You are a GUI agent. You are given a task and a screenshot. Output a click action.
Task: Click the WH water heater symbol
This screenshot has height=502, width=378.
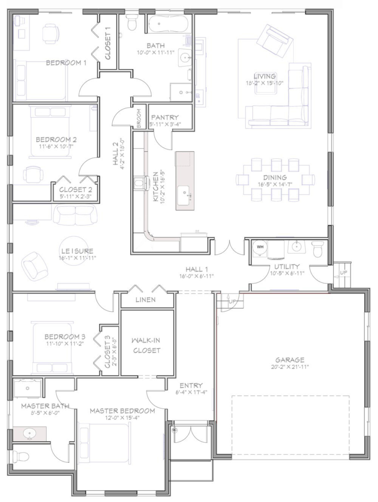tap(260, 247)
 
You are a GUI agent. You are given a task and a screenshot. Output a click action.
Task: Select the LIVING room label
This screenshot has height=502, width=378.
tap(265, 76)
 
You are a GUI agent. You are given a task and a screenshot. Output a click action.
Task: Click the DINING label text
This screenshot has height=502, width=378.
tap(274, 177)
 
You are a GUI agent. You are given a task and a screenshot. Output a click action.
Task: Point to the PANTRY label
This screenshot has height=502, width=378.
tap(164, 117)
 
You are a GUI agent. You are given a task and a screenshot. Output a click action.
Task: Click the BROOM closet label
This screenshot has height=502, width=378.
tap(139, 119)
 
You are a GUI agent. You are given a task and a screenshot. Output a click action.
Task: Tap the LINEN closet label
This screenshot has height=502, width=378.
tap(147, 300)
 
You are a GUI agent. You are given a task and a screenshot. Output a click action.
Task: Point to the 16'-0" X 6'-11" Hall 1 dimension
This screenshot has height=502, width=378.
tap(196, 276)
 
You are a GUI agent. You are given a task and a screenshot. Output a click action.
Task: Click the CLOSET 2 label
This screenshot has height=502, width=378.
tap(75, 190)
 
